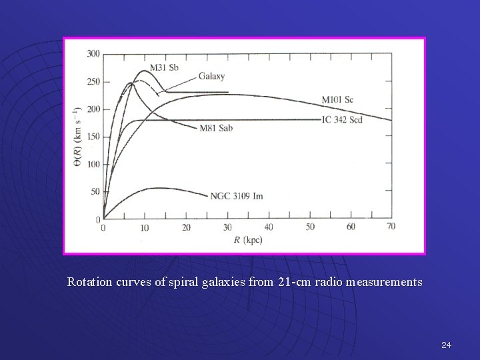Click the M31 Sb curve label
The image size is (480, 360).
tap(163, 67)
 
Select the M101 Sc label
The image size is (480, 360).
tap(337, 100)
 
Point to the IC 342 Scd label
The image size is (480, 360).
tap(342, 120)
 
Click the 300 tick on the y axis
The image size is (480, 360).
tap(93, 53)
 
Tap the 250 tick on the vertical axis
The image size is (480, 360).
tap(93, 81)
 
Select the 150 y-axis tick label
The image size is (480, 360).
tap(93, 137)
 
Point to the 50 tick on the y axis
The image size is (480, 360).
tap(95, 192)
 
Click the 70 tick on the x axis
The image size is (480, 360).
tap(391, 227)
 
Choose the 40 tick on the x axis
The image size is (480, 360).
tap(268, 227)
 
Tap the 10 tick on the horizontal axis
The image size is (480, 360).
tap(144, 227)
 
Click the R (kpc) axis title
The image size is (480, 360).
tap(247, 239)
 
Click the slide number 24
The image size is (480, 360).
tap(446, 345)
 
